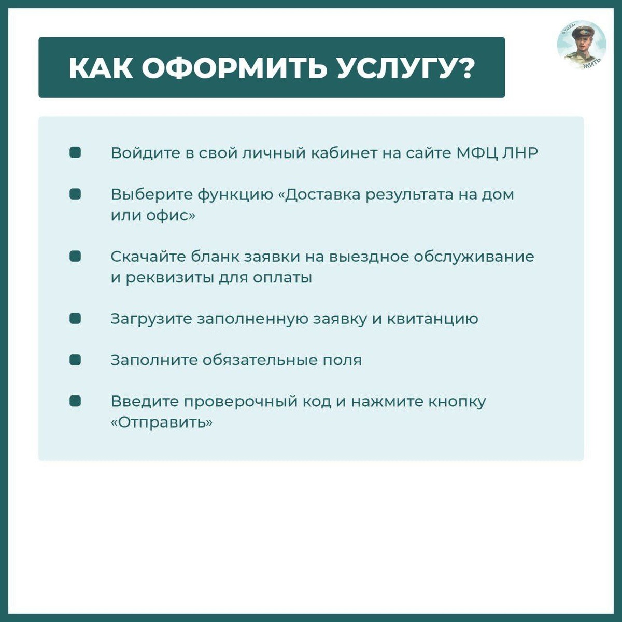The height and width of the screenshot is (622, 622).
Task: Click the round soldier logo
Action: tap(581, 45)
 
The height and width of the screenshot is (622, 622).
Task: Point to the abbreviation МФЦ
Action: tap(477, 153)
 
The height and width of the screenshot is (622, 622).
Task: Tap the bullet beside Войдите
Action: tap(75, 153)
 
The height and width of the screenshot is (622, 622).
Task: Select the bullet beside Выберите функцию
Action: tap(75, 194)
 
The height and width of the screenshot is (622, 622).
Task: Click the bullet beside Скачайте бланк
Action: tap(75, 257)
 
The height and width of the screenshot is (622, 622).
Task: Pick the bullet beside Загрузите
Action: tap(75, 318)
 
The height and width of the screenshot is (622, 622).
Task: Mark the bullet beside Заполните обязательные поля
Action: tap(75, 360)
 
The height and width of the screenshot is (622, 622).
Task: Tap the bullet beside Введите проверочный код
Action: tap(75, 401)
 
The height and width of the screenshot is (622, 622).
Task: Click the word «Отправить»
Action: tap(162, 422)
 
